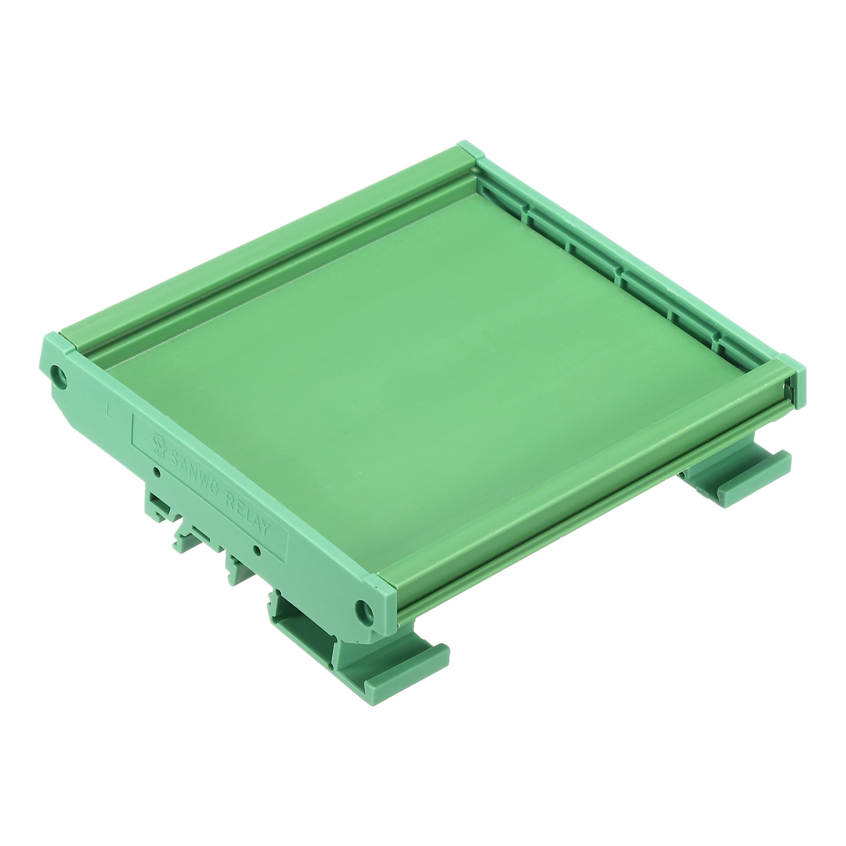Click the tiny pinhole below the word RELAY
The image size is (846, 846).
(x=256, y=550)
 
